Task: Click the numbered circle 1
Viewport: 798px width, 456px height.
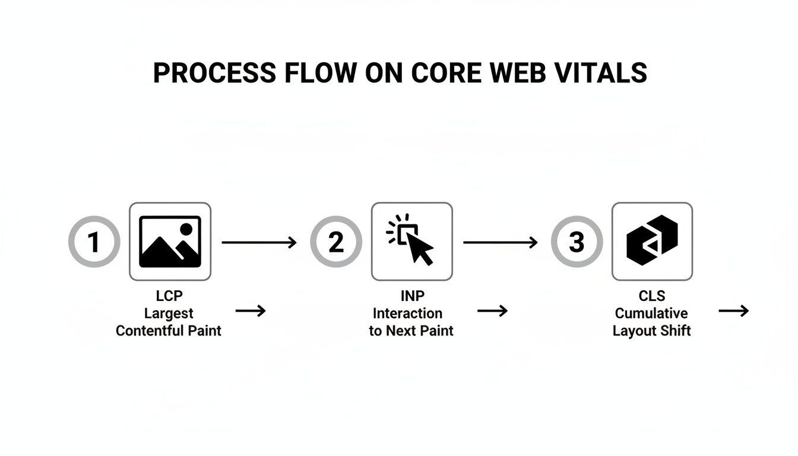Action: (94, 242)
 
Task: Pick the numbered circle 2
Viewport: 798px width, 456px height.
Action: (336, 242)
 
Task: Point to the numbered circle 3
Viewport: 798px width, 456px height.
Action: (577, 242)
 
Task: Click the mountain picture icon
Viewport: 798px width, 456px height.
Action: (170, 242)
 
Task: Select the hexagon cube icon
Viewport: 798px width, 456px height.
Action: (652, 241)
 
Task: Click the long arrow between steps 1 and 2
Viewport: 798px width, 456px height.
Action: (259, 242)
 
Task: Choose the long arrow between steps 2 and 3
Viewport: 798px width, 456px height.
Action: (500, 242)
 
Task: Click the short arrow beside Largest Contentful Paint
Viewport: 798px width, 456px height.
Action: (251, 311)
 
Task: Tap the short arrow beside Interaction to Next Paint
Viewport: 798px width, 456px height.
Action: (492, 311)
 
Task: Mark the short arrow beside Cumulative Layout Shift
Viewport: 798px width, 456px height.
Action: (734, 311)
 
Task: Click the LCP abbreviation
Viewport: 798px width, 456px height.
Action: (169, 296)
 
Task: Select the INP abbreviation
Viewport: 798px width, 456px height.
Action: (411, 296)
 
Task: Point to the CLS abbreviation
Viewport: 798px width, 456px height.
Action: (652, 296)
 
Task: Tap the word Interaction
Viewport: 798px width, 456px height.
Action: (407, 313)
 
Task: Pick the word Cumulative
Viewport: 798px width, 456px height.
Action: (651, 313)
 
